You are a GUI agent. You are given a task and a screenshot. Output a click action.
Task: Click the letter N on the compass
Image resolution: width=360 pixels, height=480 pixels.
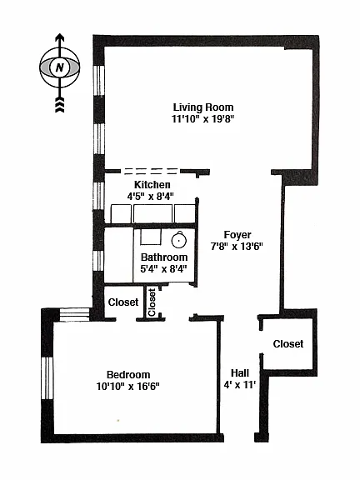coord(60,67)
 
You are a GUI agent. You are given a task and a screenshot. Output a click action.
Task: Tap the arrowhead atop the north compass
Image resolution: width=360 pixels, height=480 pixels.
coord(60,37)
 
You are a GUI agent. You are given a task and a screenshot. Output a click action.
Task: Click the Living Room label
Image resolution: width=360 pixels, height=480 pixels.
coord(203,107)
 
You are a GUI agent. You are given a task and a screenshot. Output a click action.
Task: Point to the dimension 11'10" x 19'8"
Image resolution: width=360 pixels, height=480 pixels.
coord(203,118)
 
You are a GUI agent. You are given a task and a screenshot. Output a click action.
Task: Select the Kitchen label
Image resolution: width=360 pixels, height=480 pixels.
coord(152,185)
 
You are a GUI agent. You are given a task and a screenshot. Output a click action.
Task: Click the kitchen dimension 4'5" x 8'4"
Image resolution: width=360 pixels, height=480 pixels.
coord(151,196)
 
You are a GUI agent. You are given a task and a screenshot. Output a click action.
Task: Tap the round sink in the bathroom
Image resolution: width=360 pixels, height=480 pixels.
coord(179,240)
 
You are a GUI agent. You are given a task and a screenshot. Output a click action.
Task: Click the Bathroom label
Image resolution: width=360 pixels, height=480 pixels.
coord(164,257)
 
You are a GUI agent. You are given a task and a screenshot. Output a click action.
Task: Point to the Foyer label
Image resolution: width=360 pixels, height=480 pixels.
coord(237,235)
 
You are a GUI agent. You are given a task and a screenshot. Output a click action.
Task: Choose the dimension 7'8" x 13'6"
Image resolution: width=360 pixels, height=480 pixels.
coord(237,246)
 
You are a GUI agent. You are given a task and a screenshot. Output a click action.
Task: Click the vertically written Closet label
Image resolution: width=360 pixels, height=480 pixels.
coord(152,302)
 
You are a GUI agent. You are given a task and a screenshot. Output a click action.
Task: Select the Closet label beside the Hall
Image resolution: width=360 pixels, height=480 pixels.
coord(288,344)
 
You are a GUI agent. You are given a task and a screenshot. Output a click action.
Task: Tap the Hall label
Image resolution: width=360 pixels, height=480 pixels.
coord(240,372)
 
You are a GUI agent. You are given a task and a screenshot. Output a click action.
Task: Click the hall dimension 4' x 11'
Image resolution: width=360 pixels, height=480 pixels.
coord(240,384)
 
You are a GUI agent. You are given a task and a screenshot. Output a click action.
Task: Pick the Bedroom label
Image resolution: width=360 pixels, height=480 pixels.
coord(128,375)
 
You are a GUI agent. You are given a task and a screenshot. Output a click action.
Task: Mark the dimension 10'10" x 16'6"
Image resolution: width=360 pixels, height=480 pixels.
coord(128,387)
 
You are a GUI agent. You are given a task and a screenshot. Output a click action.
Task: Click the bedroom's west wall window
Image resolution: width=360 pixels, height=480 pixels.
coord(47,378)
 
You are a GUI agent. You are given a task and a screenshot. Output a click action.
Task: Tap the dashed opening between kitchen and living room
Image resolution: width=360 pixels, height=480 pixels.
coord(151,171)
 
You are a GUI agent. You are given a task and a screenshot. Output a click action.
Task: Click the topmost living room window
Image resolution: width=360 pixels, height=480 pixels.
coord(98,81)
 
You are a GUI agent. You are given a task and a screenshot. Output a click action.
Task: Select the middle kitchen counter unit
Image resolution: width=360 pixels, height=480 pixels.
coord(152,213)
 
